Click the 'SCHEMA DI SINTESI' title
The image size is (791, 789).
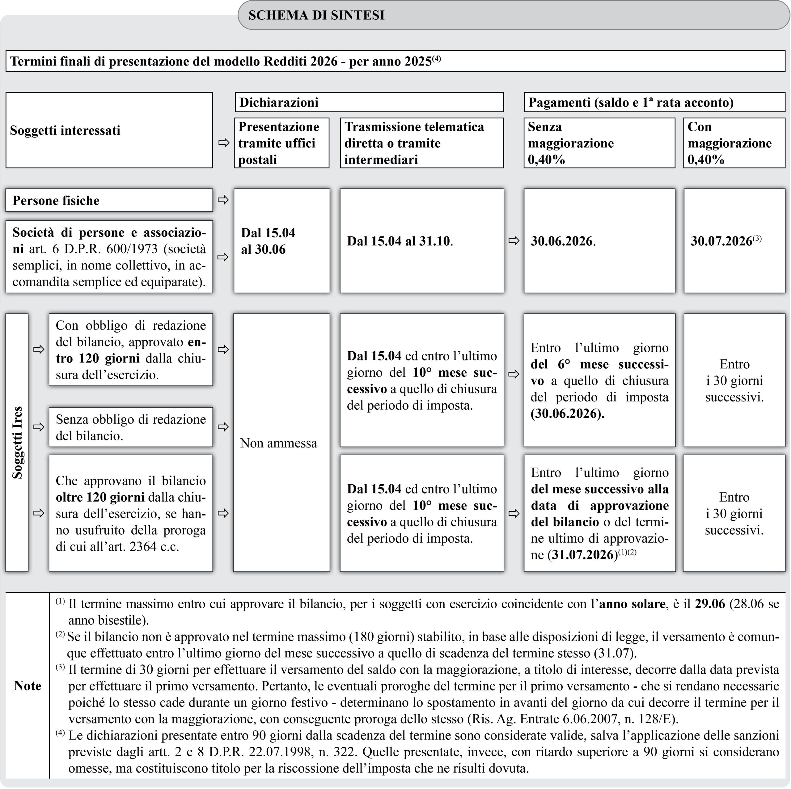pos(316,15)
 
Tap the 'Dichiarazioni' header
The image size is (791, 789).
pos(279,102)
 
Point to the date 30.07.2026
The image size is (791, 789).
pos(721,241)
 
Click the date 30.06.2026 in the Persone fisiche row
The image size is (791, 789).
pos(562,241)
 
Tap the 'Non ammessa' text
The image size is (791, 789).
pos(278,443)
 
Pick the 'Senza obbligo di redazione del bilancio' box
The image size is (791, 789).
pos(131,427)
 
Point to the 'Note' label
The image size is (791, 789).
pos(27,686)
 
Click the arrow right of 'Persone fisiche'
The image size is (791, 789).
pos(223,200)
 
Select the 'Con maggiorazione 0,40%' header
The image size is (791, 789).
pos(730,143)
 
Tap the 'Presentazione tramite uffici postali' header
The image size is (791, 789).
pos(279,143)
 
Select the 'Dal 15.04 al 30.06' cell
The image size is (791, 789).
pos(268,241)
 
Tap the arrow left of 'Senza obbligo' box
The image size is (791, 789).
pos(39,427)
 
